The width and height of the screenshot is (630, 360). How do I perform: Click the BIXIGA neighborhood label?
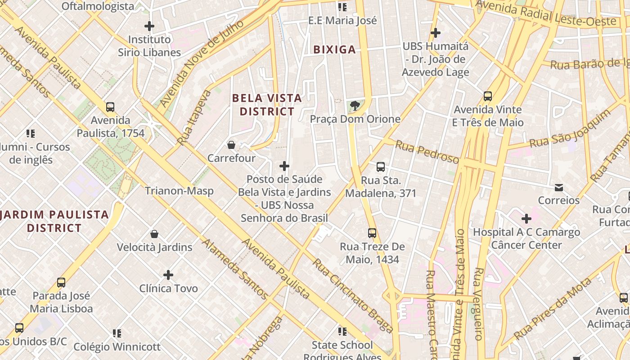click(334, 49)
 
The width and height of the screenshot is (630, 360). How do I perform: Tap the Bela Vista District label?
click(267, 104)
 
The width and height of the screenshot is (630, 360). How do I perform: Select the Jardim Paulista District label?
click(54, 221)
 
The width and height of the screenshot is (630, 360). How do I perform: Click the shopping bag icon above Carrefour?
click(231, 145)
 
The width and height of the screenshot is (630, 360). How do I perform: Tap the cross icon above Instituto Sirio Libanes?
click(149, 26)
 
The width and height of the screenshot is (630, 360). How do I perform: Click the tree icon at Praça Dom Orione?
click(355, 106)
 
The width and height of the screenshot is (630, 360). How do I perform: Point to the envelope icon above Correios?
click(558, 187)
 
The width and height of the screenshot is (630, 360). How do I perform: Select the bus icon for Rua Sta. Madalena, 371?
click(381, 167)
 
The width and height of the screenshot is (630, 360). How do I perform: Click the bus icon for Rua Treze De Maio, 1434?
click(372, 233)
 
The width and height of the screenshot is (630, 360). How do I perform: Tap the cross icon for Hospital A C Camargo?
click(526, 219)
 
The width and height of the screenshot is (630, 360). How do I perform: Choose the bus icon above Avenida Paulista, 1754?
click(110, 107)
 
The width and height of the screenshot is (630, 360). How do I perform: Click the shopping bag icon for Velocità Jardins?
click(154, 234)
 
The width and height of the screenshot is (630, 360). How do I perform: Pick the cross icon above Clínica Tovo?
click(168, 275)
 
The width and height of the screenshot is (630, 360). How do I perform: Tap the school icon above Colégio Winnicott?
click(117, 333)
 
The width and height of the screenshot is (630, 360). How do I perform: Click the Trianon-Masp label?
click(179, 191)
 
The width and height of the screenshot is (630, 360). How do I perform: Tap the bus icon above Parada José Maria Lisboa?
click(61, 283)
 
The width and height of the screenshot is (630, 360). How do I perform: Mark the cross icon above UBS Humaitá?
click(435, 33)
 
